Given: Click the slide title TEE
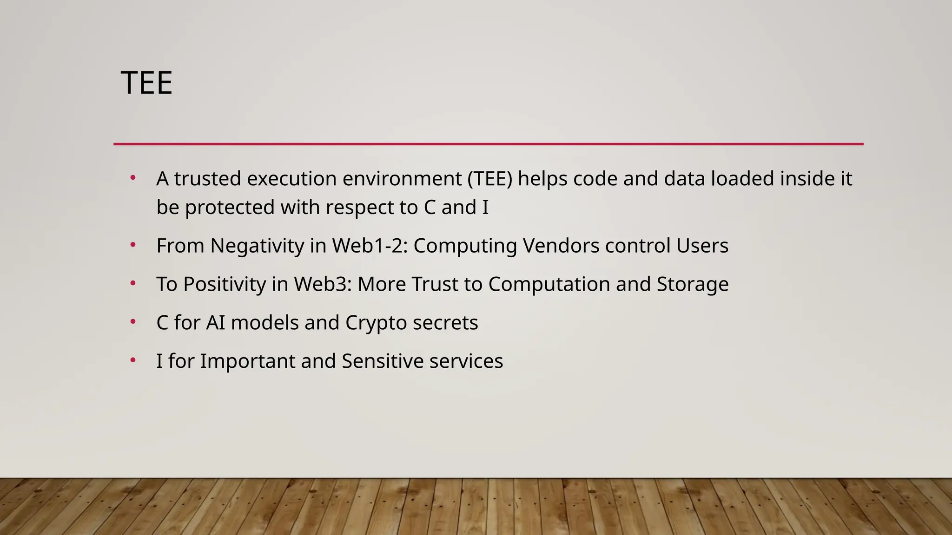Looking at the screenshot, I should pos(146,83).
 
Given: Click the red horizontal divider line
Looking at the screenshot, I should pos(488,144).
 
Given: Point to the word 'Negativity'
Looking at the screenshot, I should pos(257,246).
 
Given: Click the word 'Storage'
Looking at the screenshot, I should pos(693,284).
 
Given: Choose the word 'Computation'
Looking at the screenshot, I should pos(549,284).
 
